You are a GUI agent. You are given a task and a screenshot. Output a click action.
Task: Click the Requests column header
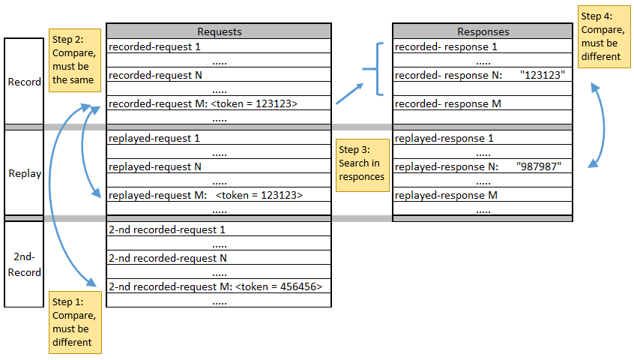(219, 31)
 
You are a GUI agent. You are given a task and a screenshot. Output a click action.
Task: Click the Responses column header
(483, 31)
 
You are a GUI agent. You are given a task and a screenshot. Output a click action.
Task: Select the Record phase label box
(24, 82)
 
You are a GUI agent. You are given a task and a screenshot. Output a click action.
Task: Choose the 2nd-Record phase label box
(24, 265)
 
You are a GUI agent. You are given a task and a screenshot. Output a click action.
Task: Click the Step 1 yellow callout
(75, 322)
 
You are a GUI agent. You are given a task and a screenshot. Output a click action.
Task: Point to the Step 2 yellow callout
(75, 60)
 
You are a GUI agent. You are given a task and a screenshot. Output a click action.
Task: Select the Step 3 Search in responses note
(363, 165)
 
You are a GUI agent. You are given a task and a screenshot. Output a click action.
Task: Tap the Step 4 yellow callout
(603, 36)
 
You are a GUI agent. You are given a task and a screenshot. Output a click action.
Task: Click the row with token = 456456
(219, 286)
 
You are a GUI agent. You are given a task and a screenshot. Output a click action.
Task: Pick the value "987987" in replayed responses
(539, 166)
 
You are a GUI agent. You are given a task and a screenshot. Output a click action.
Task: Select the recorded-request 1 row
(219, 46)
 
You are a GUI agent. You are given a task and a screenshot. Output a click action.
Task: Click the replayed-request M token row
(219, 195)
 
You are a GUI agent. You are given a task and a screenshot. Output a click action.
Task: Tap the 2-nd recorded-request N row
(219, 258)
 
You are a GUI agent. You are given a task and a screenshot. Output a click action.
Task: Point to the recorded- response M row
(483, 103)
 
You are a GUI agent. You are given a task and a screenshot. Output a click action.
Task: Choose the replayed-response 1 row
(483, 138)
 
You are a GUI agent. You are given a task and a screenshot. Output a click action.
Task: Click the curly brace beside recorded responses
(378, 70)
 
